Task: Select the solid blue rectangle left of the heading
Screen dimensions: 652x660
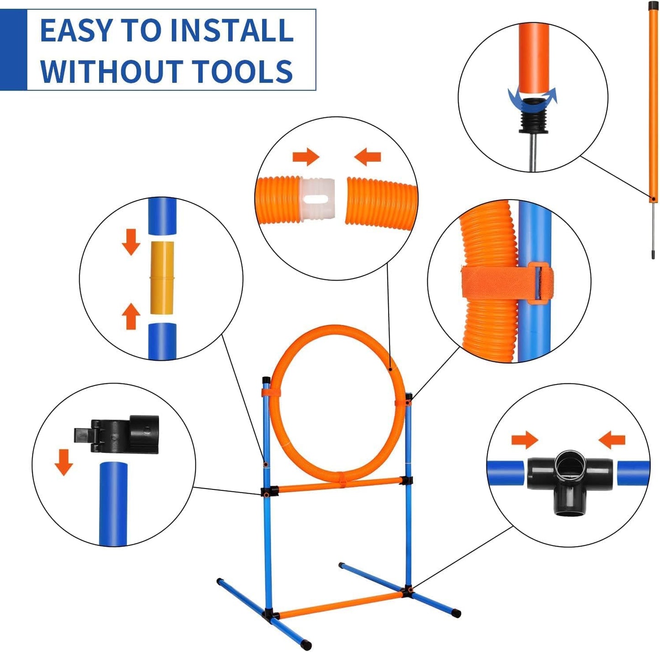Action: click(13, 49)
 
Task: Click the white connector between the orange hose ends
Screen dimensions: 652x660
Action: click(318, 200)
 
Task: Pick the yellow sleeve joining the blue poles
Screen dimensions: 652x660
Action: click(162, 278)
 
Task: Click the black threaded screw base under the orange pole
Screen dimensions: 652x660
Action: click(533, 120)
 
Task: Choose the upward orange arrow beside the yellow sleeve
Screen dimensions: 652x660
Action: click(131, 316)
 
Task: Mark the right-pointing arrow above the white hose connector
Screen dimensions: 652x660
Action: click(306, 157)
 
